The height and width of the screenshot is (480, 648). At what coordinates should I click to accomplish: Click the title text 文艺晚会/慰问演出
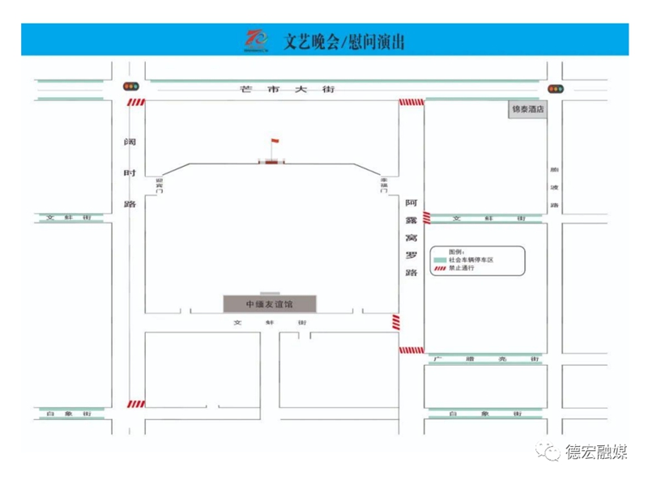pyautogui.click(x=344, y=41)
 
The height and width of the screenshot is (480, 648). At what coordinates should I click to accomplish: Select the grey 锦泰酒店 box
pyautogui.click(x=527, y=108)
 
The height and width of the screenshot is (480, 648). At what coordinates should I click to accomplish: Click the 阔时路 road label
pyautogui.click(x=130, y=173)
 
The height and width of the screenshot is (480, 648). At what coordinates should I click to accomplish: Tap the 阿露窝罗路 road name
pyautogui.click(x=411, y=237)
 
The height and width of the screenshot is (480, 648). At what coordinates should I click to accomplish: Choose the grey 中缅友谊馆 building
pyautogui.click(x=270, y=304)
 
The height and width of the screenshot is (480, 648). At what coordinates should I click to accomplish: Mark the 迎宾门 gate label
pyautogui.click(x=160, y=185)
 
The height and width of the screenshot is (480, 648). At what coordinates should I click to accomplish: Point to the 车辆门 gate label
pyautogui.click(x=385, y=185)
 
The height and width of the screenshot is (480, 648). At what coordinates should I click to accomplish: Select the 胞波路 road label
pyautogui.click(x=555, y=187)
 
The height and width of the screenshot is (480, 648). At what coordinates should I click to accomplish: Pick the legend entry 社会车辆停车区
pyautogui.click(x=471, y=260)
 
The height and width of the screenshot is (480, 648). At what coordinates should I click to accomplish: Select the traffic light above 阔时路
pyautogui.click(x=130, y=87)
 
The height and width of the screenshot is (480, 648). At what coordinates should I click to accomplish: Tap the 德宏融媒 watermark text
pyautogui.click(x=596, y=452)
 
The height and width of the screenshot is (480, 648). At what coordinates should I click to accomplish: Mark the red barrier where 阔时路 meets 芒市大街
pyautogui.click(x=135, y=103)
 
